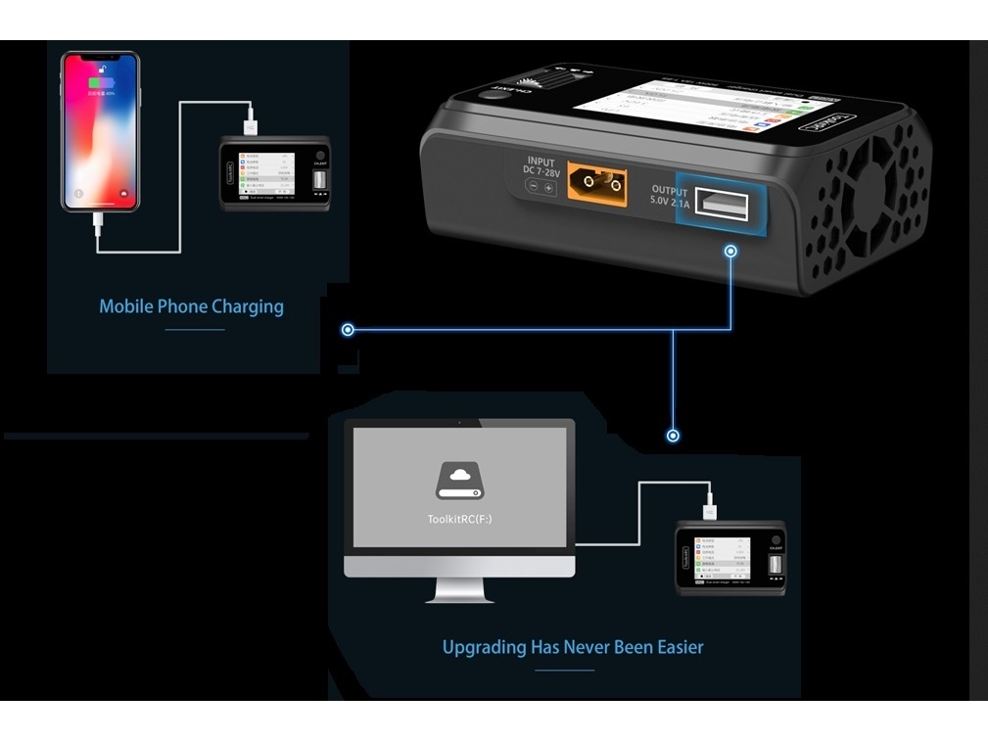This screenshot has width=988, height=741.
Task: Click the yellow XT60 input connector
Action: click(596, 182)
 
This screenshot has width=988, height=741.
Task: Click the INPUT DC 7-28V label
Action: click(541, 167)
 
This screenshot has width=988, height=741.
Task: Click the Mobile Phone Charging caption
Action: click(191, 306)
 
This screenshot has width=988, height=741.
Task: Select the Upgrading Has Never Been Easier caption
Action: click(572, 647)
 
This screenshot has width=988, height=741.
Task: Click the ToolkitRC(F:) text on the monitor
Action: click(459, 520)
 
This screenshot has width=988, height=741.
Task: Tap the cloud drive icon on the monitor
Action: click(459, 481)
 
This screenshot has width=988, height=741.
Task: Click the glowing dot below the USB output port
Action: click(730, 252)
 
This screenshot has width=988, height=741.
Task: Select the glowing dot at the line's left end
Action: click(348, 330)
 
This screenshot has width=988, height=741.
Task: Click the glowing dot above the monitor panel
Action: click(673, 435)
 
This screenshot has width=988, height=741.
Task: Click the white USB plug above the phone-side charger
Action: click(253, 124)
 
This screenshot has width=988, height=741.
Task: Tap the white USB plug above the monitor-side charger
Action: click(709, 509)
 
